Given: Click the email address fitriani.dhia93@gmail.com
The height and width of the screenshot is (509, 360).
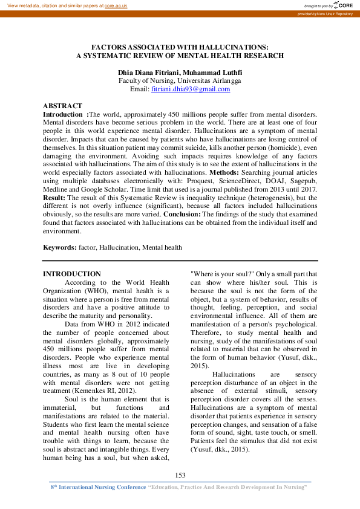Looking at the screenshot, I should click(191, 89).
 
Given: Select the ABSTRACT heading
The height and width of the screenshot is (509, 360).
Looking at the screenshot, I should click(62, 106).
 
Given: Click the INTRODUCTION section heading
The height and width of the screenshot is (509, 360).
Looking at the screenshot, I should click(71, 274).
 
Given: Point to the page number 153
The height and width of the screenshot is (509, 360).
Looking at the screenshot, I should click(180, 476).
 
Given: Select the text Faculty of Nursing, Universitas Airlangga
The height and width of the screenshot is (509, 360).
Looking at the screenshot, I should click(180, 80).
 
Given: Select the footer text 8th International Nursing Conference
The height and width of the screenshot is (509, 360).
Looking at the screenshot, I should click(98, 487).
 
